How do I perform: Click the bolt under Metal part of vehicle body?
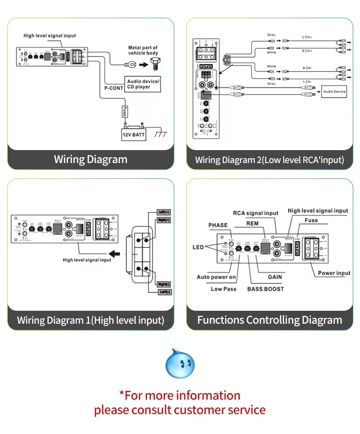pos(155,63)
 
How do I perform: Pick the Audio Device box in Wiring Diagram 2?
pos(334,91)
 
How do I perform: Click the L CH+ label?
pos(308,37)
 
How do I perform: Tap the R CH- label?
pos(308,68)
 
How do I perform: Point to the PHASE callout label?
pos(218,225)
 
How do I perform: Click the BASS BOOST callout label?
pos(265,289)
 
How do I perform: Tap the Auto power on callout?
pos(216,277)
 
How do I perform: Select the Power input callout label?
pos(334,273)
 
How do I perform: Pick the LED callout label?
pos(199,247)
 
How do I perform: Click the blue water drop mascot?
pos(180,364)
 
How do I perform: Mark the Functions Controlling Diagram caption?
pos(270,320)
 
